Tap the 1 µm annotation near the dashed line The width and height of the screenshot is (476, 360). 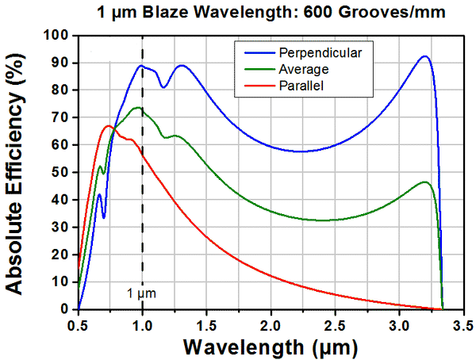tap(142, 293)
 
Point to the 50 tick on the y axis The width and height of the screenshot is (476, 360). tap(62, 172)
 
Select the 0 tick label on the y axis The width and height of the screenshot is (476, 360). tap(67, 308)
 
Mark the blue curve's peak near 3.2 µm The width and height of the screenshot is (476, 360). tap(425, 56)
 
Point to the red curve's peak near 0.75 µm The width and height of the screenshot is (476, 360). tap(109, 125)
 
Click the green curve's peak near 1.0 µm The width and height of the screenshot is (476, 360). tap(138, 107)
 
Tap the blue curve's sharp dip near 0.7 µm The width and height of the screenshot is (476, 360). tap(103, 217)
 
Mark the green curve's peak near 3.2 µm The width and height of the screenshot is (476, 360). tap(425, 182)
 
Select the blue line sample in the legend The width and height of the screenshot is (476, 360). tap(252, 52)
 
